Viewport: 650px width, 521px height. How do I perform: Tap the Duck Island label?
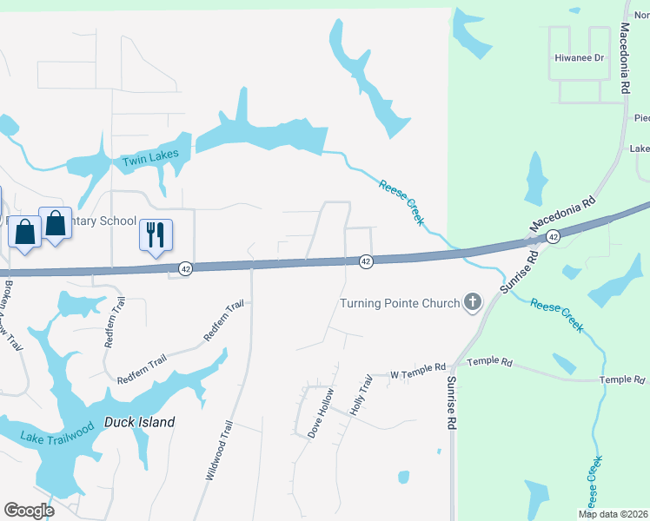[x=139, y=423]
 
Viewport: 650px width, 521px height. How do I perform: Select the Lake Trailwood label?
[x=57, y=425]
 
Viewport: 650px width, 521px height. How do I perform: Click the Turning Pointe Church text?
[x=399, y=303]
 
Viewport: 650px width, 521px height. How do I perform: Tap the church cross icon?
[x=473, y=302]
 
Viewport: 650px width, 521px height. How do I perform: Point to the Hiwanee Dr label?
[x=579, y=57]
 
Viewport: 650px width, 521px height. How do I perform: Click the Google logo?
[x=28, y=511]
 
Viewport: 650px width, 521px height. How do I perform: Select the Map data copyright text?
[x=613, y=514]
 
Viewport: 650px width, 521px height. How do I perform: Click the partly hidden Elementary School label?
[x=104, y=221]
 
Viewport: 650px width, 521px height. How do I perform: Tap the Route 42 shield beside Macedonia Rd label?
[x=553, y=236]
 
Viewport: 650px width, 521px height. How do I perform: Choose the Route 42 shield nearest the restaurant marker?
[x=186, y=269]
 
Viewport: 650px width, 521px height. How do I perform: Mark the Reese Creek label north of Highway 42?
[x=401, y=201]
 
